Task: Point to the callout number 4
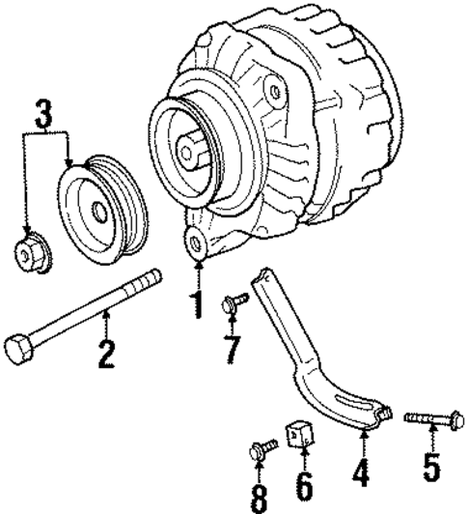point(363,474)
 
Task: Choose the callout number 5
point(430,473)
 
